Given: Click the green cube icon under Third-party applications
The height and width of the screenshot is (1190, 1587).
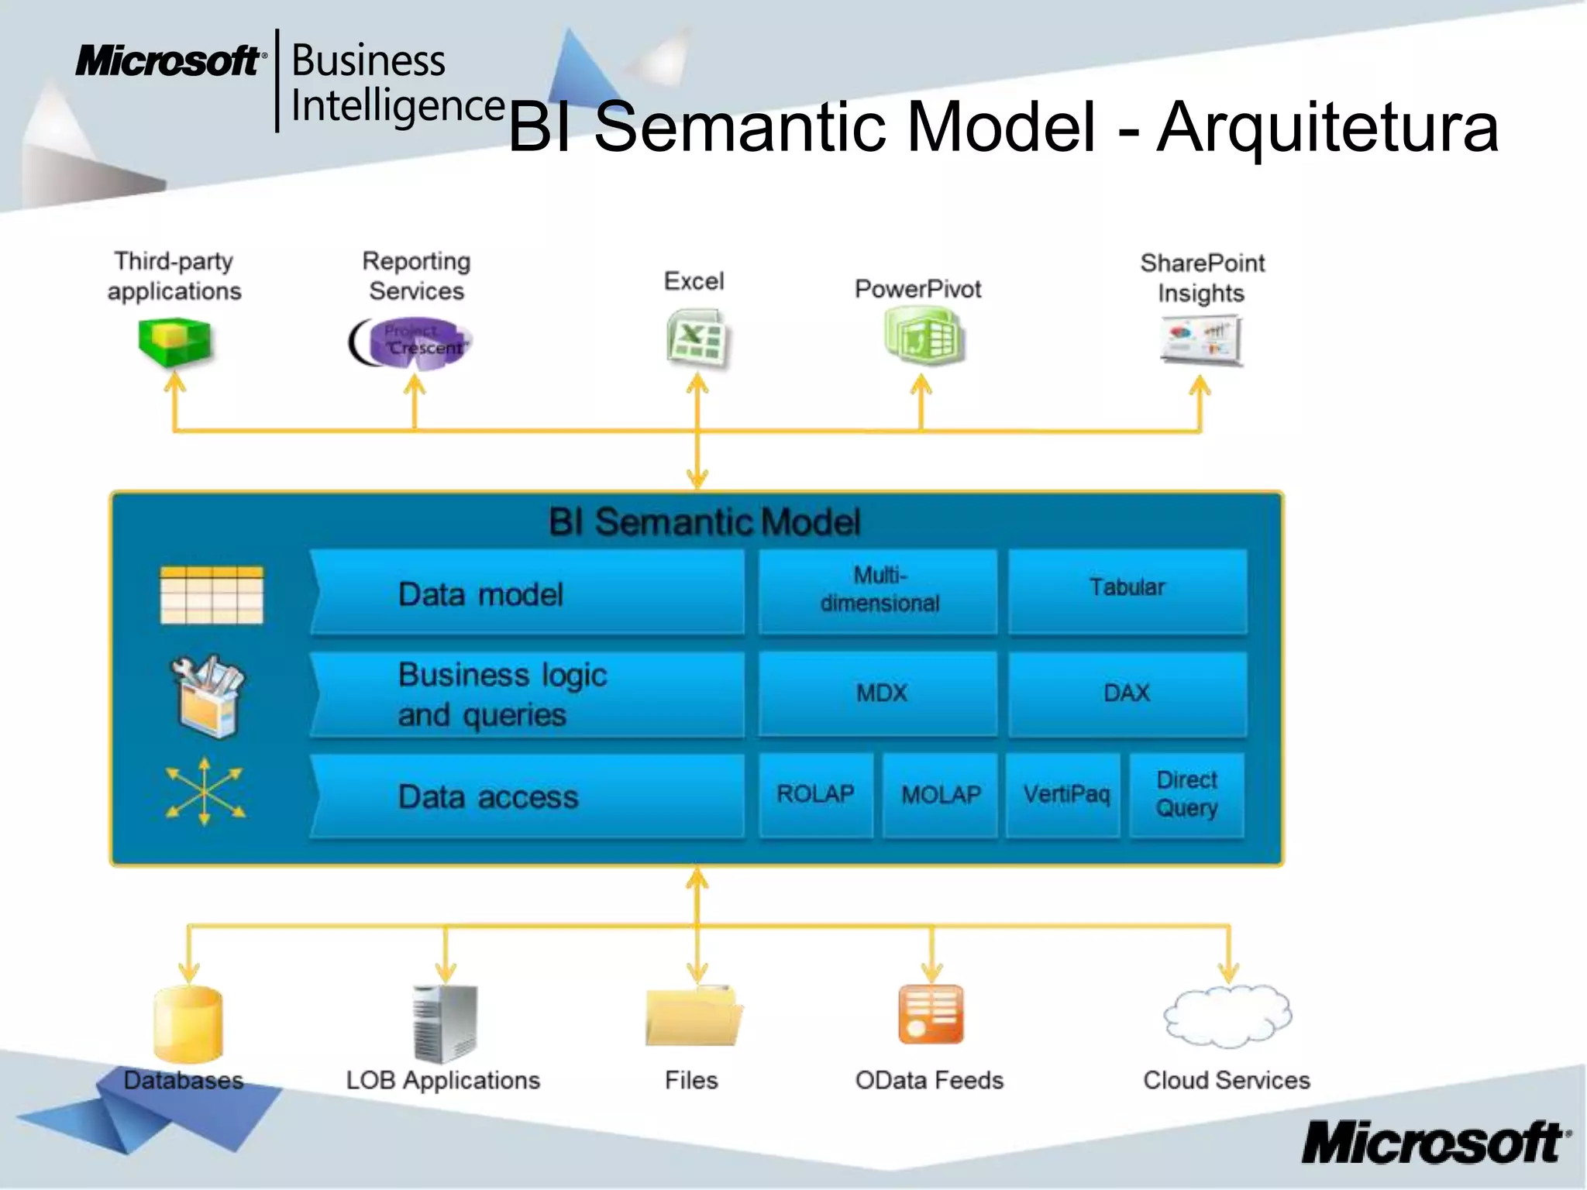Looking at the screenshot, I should pos(174,342).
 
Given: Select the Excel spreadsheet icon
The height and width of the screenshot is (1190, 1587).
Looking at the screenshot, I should pos(697,339).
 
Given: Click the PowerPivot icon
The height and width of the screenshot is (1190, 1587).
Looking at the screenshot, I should pos(923,335).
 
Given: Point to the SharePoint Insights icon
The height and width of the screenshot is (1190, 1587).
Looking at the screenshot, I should pos(1201,339).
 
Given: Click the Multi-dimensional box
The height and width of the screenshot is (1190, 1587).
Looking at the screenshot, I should pos(879,591).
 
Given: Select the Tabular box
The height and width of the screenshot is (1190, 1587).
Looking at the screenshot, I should pos(1127,590).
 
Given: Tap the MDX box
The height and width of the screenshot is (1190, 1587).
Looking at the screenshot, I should pos(879,693).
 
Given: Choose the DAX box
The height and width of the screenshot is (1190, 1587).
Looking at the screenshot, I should pos(1127,693).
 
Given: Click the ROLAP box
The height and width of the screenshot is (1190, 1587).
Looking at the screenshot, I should pos(815,795).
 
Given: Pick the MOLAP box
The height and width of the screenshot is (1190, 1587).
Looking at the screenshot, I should pos(941,795).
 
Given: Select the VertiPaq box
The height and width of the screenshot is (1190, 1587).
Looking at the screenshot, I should pos(1065,795).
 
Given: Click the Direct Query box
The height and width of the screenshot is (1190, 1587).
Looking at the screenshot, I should pos(1187,795).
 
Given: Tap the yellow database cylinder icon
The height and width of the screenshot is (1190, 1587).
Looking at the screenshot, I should pos(188,1023).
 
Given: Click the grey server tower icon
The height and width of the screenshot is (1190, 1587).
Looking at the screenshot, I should pos(445,1023).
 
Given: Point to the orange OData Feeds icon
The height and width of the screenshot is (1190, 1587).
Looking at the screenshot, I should pos(931,1015).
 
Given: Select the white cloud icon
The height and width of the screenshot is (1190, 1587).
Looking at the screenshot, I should pos(1227,1016).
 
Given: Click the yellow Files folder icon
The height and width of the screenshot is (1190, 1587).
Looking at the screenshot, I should pos(693,1016).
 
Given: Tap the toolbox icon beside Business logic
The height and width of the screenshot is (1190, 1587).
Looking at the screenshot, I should pos(208,695).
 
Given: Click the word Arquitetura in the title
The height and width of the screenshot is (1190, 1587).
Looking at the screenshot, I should pos(1327,127).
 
